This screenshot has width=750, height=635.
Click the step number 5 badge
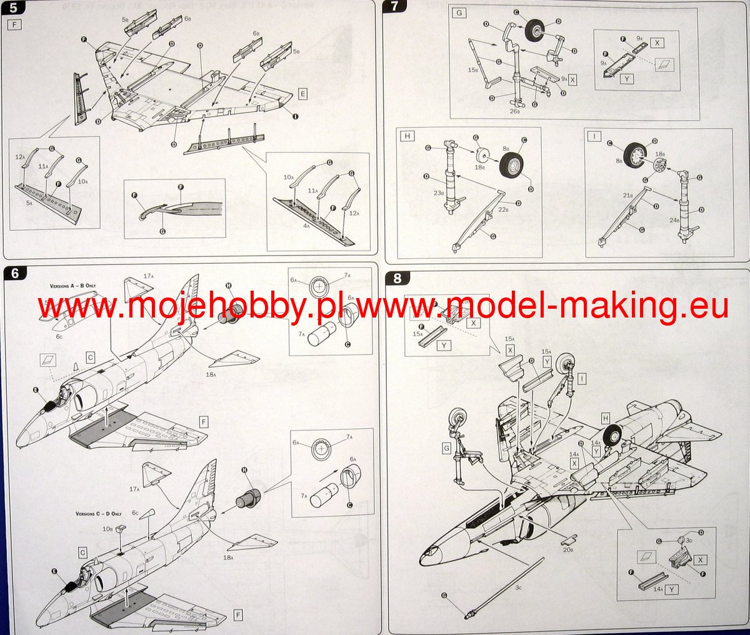[x=11, y=10]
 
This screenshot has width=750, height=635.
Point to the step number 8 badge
[x=398, y=279]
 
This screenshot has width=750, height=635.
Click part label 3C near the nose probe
[x=519, y=587]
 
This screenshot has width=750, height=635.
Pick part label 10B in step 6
[x=108, y=529]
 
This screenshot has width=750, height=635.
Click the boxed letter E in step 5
[x=303, y=94]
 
